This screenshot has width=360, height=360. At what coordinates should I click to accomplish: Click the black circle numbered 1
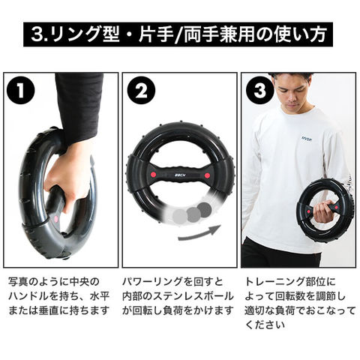point(21,91)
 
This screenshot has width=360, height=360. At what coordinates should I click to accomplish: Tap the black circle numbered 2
point(141,91)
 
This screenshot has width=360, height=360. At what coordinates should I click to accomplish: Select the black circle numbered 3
point(260,91)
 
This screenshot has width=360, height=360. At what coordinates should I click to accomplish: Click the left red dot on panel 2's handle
point(153,174)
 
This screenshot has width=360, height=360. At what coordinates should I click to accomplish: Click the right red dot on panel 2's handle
point(207,175)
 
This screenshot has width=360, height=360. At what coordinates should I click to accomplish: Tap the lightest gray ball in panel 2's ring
point(180,217)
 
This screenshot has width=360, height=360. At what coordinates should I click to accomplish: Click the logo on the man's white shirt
point(307,139)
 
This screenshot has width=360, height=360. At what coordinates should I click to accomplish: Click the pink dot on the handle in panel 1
point(56,219)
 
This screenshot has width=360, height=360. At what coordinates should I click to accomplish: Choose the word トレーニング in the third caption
point(275,282)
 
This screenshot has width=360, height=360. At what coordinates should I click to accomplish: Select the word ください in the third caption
point(265,325)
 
